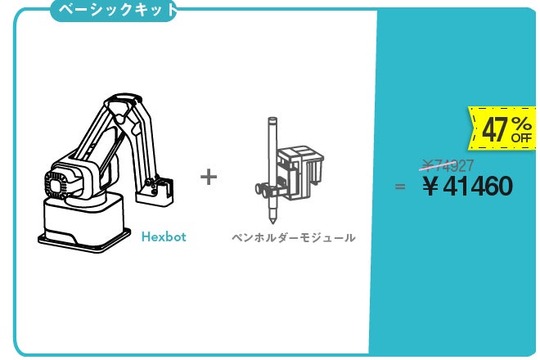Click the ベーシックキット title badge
(x=114, y=11)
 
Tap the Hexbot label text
(x=164, y=237)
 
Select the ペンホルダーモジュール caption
(x=294, y=238)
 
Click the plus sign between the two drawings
(x=209, y=177)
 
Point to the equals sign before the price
(x=400, y=187)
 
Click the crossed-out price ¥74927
(x=448, y=166)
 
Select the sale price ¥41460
(x=468, y=186)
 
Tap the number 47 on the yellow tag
(x=495, y=129)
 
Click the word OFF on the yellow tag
(x=521, y=138)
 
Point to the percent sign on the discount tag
(x=521, y=124)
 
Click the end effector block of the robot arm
(x=155, y=192)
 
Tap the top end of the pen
(x=272, y=120)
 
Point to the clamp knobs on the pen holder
(x=263, y=190)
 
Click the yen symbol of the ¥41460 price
(x=430, y=187)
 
